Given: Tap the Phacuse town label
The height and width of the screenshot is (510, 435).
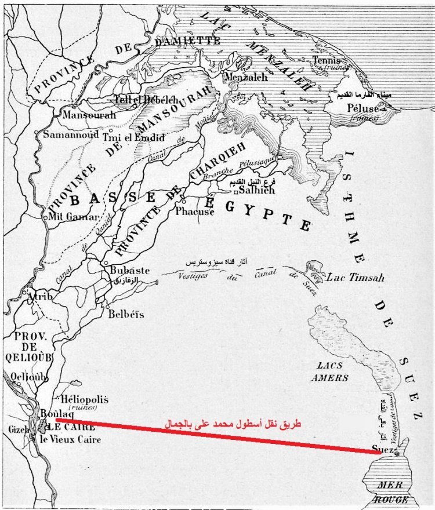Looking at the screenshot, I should (x=195, y=212).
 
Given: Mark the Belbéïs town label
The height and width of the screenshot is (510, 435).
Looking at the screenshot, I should (x=126, y=314).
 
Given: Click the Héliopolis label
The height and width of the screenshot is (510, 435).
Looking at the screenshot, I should (x=84, y=400).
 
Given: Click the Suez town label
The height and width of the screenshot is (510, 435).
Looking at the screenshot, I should (x=383, y=449).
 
